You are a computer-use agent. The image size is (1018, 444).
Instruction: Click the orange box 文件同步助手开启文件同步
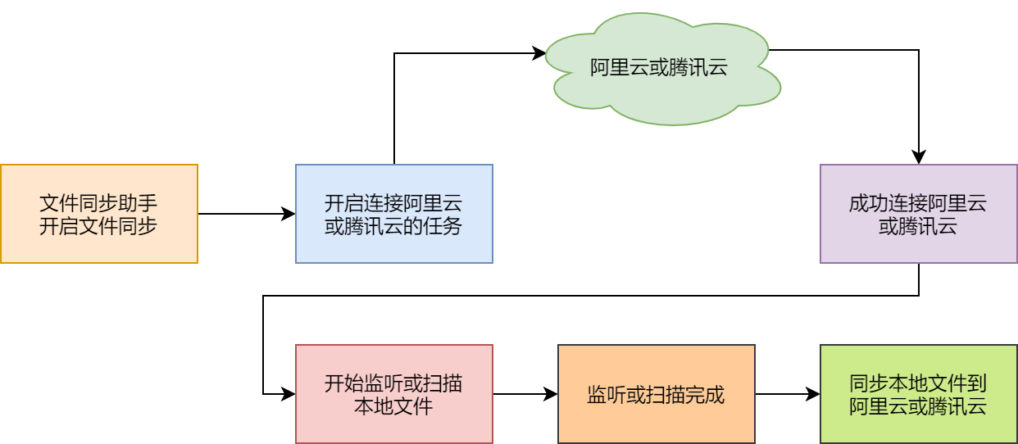pos(98,214)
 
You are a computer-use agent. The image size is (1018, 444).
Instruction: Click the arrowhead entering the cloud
pos(539,54)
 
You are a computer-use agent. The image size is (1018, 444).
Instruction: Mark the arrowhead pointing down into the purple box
pos(919,157)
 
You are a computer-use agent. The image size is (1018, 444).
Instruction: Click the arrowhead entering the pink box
pos(289,394)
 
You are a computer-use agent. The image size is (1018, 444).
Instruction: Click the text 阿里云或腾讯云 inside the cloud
pos(659,68)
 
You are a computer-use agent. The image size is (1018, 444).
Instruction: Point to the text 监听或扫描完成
pos(656,395)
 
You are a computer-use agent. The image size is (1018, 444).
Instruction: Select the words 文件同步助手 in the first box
pos(98,203)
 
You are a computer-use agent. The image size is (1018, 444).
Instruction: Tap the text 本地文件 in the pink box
pos(393,405)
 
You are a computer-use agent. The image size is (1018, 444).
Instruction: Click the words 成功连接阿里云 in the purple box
pos(918,203)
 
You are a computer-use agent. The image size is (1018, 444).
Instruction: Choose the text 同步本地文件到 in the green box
pos(918,383)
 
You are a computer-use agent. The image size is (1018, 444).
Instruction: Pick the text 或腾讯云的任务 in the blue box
pos(393,225)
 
